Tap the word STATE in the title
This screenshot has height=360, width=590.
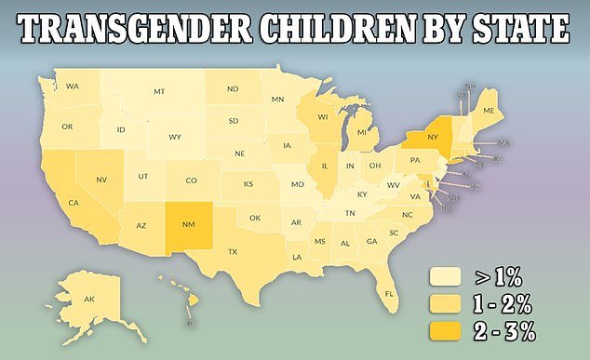click(x=511, y=33)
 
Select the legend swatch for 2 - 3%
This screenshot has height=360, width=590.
click(x=445, y=328)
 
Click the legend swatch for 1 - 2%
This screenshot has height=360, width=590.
click(x=445, y=302)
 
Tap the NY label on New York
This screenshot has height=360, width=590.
click(x=432, y=134)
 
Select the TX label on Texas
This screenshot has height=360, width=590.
click(x=233, y=252)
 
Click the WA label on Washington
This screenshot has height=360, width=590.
click(x=72, y=87)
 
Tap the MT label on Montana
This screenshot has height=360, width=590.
click(x=159, y=91)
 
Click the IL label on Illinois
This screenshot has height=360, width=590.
click(x=325, y=168)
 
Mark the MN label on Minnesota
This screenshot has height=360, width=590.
click(x=277, y=100)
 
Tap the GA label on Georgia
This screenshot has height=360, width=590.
click(x=371, y=242)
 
